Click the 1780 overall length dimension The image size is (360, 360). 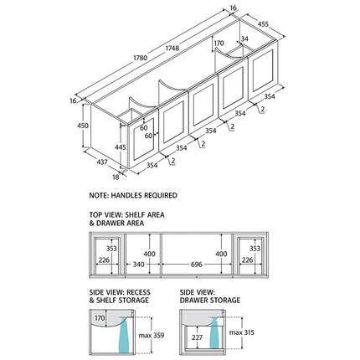(x=140, y=59)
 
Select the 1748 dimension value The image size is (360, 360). (x=172, y=48)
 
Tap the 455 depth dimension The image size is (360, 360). (x=263, y=24)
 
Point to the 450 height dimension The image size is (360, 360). (x=83, y=126)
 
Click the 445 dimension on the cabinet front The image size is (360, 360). (x=121, y=147)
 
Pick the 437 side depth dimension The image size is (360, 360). (x=102, y=162)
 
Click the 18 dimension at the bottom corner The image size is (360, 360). (x=116, y=177)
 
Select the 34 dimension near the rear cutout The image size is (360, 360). (x=244, y=39)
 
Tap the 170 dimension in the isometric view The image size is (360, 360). (x=219, y=44)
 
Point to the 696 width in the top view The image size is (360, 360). (x=197, y=265)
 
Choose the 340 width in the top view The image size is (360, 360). (x=138, y=265)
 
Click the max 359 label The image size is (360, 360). (x=152, y=335)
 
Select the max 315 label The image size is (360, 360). (x=242, y=332)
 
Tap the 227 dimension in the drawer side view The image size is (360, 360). (x=197, y=337)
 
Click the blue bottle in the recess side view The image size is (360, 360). (x=123, y=336)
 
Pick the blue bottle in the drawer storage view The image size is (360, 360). (x=214, y=333)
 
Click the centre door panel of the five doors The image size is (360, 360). (x=203, y=105)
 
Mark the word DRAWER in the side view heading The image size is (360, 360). (x=196, y=301)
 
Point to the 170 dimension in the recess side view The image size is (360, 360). (x=100, y=318)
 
